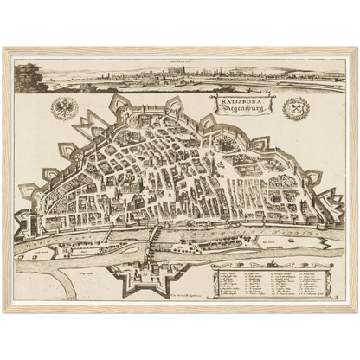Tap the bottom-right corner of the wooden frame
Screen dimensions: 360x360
click(x=356, y=312)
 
